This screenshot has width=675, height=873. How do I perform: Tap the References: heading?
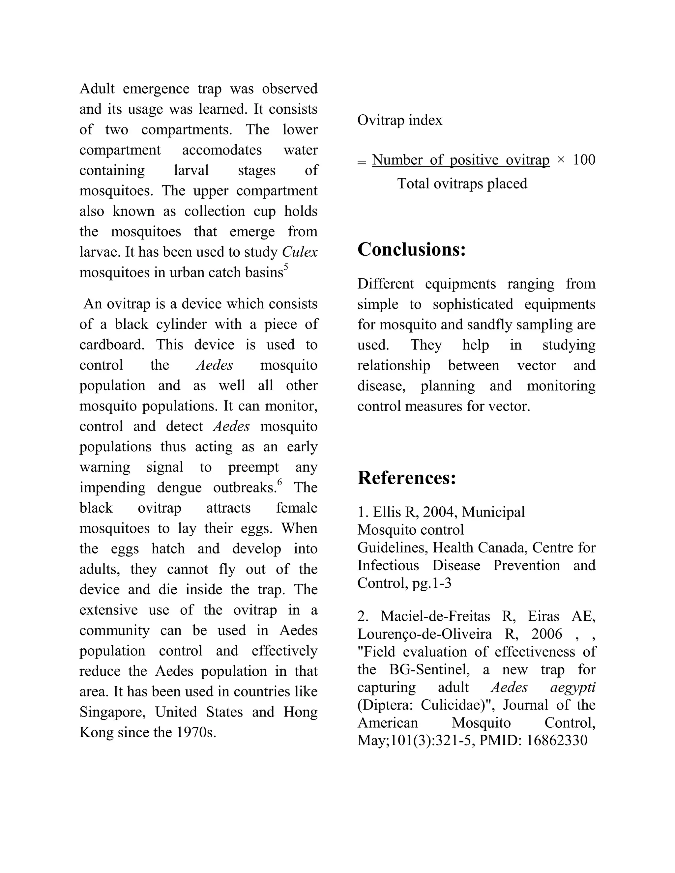coord(407,478)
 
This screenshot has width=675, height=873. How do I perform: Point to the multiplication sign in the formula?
coord(561,160)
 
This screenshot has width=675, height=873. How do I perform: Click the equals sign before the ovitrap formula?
coord(362,162)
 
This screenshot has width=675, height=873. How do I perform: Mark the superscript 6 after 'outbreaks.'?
coord(279,482)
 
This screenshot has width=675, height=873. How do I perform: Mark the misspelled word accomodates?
coord(222,150)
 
